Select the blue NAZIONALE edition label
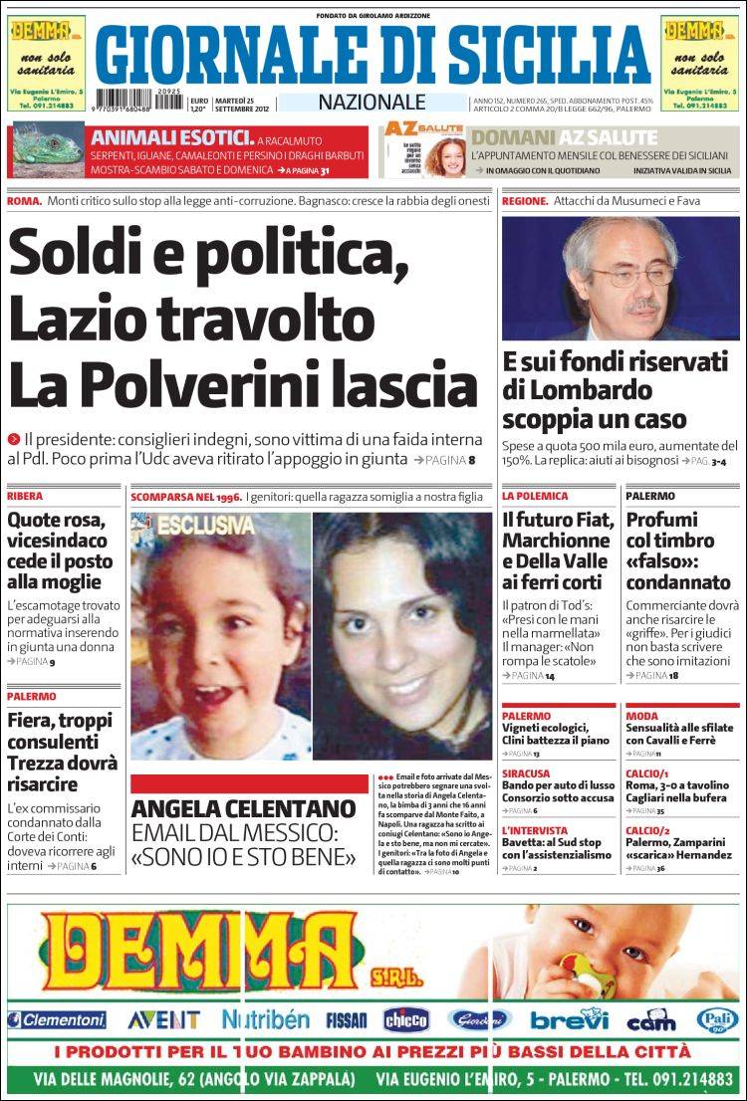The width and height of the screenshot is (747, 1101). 372,102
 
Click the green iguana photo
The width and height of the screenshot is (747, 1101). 45,151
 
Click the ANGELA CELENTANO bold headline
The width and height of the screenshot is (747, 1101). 243,807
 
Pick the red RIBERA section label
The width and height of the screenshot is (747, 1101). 25,496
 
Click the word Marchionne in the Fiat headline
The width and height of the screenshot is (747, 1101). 556,541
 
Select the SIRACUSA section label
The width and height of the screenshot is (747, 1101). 526,772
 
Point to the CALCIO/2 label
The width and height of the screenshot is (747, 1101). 648,830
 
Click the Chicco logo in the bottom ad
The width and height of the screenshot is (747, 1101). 406,1019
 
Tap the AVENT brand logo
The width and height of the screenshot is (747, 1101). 163,1019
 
